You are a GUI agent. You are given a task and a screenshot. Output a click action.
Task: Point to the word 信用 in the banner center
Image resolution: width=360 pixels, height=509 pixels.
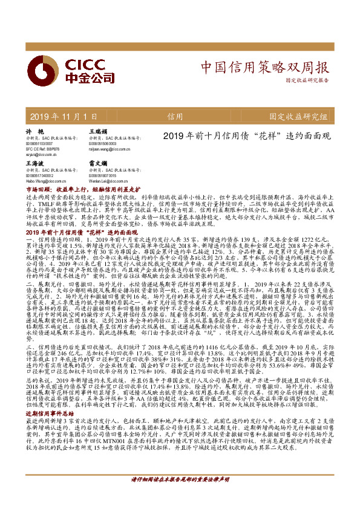click(175, 116)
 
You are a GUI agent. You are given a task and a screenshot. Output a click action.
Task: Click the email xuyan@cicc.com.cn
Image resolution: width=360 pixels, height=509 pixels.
click(41, 155)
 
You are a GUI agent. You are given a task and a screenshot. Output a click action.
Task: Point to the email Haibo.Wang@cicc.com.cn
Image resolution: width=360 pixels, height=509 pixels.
click(47, 180)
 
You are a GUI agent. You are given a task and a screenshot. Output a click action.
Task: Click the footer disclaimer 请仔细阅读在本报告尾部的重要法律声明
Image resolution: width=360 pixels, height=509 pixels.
click(180, 496)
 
